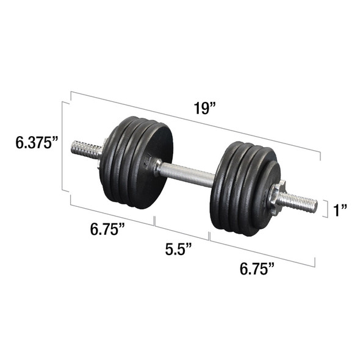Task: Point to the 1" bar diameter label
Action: point(340,210)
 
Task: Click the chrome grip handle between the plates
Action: point(189,174)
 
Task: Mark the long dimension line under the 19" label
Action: point(195,121)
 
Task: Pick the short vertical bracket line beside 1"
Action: point(322,209)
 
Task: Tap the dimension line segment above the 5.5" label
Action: point(182,228)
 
